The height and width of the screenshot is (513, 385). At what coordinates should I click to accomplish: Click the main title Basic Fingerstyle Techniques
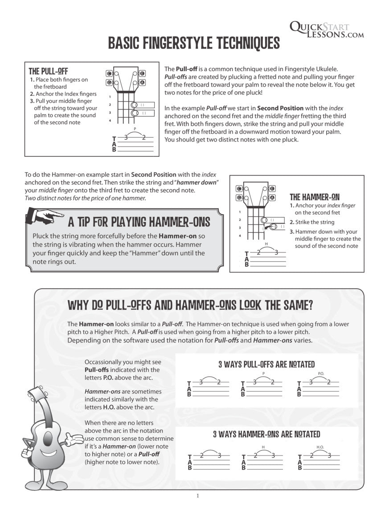click(194, 43)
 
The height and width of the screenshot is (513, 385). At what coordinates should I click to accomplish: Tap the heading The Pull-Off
click(48, 71)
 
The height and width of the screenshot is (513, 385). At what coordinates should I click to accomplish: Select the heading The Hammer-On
click(315, 197)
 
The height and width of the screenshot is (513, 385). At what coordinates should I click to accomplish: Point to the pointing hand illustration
click(44, 217)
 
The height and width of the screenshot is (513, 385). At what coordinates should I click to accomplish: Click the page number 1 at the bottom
click(197, 496)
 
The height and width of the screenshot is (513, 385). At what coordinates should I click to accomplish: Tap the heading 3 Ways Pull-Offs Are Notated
click(266, 364)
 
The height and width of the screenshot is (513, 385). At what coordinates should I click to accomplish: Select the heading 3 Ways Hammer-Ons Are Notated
click(266, 434)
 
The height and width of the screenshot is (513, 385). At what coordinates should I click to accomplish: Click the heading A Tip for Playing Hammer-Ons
click(139, 221)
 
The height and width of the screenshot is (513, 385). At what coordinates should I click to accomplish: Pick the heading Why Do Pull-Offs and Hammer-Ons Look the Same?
click(190, 305)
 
